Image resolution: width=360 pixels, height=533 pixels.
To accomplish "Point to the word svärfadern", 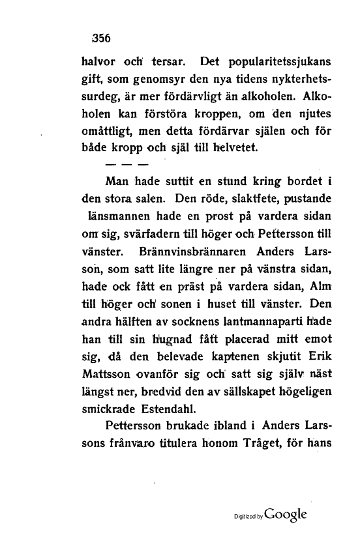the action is click(x=151, y=233).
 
